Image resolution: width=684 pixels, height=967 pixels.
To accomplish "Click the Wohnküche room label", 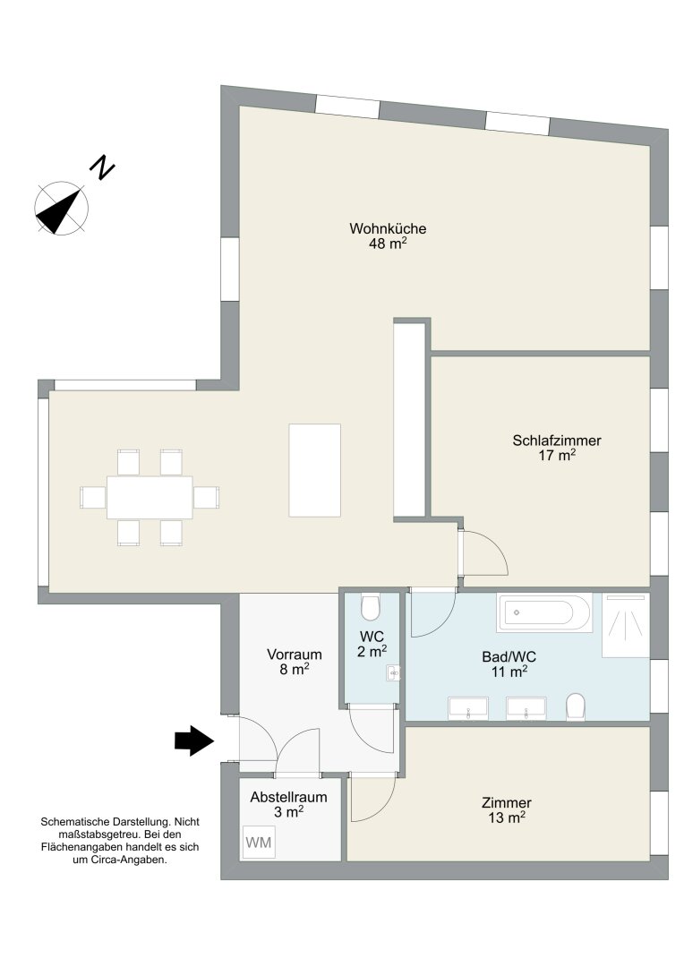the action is pyautogui.click(x=388, y=228).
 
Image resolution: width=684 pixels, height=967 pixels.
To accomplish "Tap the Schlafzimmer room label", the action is pyautogui.click(x=556, y=441).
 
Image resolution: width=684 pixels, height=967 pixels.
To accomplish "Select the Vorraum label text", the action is pyautogui.click(x=295, y=655).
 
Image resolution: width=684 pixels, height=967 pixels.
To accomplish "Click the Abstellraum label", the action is pyautogui.click(x=288, y=797).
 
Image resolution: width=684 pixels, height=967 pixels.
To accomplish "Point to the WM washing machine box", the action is pyautogui.click(x=259, y=842).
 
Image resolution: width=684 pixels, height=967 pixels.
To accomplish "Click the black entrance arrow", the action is pyautogui.click(x=194, y=740).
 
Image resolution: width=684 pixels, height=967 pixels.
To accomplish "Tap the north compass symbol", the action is pyautogui.click(x=61, y=208).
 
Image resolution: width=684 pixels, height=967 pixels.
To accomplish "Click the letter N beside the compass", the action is pyautogui.click(x=103, y=167).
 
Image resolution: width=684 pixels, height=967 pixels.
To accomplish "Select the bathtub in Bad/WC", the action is pyautogui.click(x=544, y=612).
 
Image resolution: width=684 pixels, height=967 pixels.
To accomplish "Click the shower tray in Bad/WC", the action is pyautogui.click(x=626, y=625).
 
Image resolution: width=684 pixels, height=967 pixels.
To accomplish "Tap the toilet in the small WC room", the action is pyautogui.click(x=371, y=607).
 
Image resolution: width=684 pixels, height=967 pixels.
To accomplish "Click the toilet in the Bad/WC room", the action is pyautogui.click(x=576, y=706).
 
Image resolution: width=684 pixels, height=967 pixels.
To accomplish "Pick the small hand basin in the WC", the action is pyautogui.click(x=393, y=672).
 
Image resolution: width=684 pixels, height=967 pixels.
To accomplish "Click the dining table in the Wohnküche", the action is pyautogui.click(x=150, y=497).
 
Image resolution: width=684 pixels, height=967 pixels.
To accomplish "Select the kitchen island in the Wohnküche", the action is pyautogui.click(x=314, y=470).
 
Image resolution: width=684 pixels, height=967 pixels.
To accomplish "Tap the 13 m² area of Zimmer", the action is pyautogui.click(x=507, y=817).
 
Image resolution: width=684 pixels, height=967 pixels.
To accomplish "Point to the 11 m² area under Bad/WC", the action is pyautogui.click(x=509, y=672).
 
